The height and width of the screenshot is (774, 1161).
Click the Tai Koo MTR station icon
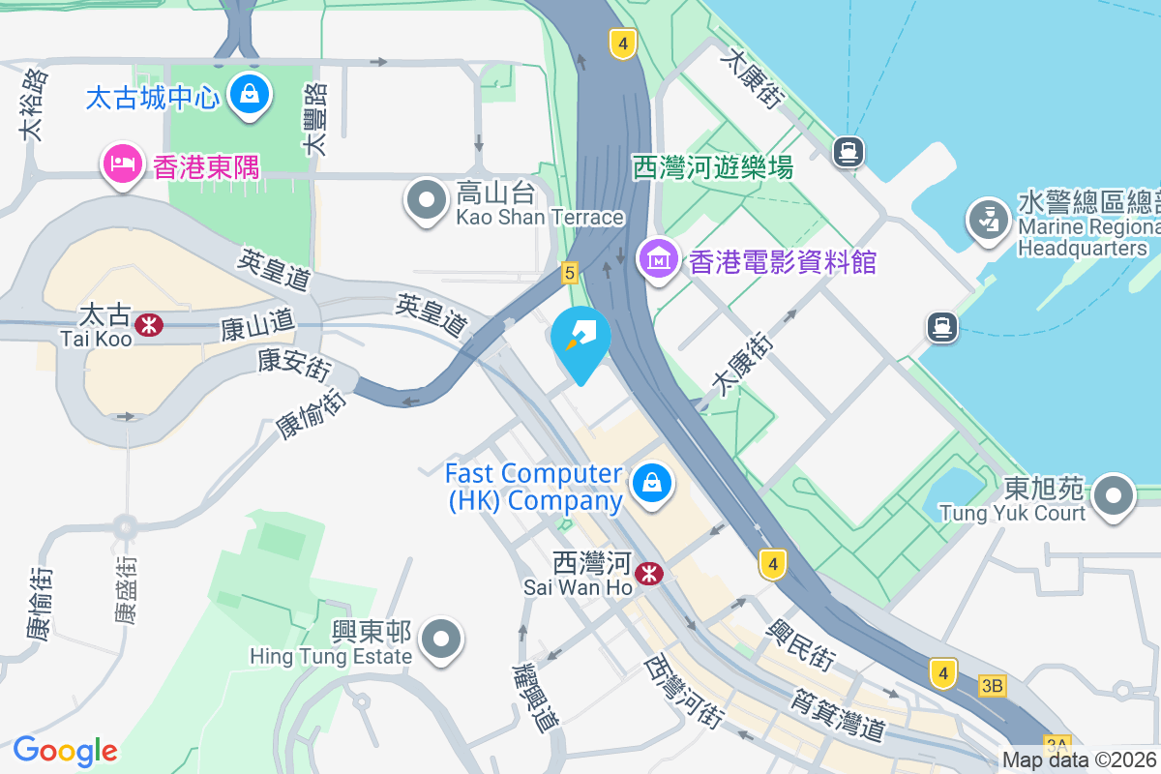pos(149,325)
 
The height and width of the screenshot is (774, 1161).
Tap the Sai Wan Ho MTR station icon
pos(650,574)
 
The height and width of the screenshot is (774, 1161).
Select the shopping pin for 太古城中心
pos(251,96)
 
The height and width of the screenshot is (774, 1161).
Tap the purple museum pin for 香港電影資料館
pos(660,259)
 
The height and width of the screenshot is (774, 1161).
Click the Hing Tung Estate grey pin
pos(443,640)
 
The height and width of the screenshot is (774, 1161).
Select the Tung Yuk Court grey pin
pos(1115,496)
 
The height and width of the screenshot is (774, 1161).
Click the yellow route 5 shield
pos(569,274)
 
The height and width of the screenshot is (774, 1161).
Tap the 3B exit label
pos(992,686)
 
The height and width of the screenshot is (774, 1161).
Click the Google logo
pos(65,751)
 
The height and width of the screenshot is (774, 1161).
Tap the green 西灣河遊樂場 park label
pos(713,167)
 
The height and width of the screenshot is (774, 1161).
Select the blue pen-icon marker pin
pos(580,339)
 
